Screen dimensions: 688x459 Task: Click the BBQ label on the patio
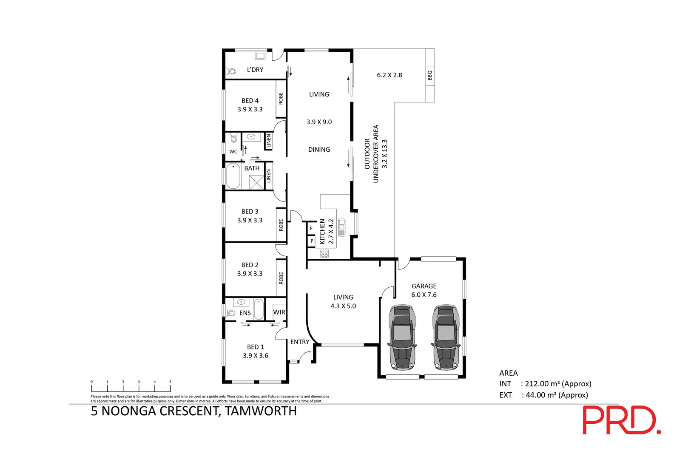pyautogui.click(x=430, y=75)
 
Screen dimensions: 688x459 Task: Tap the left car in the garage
pyautogui.click(x=402, y=337)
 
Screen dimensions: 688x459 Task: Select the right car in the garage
pyautogui.click(x=446, y=337)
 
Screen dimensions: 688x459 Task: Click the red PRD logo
pyautogui.click(x=621, y=420)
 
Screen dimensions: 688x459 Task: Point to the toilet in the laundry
pyautogui.click(x=231, y=71)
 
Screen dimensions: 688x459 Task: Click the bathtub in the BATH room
pyautogui.click(x=233, y=176)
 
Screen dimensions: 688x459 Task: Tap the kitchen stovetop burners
pyautogui.click(x=324, y=254)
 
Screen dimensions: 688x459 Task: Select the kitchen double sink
pyautogui.click(x=342, y=227)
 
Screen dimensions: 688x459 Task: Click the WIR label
pyautogui.click(x=279, y=312)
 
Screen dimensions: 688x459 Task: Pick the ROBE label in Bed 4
pyautogui.click(x=281, y=99)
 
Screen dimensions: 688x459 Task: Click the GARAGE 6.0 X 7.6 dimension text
pyautogui.click(x=424, y=290)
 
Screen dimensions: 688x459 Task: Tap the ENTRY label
pyautogui.click(x=300, y=342)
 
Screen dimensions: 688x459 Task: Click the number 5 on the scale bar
pyautogui.click(x=170, y=382)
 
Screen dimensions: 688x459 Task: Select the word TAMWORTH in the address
pyautogui.click(x=261, y=411)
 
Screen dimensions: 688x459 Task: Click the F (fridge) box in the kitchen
pyautogui.click(x=311, y=228)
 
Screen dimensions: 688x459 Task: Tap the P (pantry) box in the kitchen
pyautogui.click(x=311, y=241)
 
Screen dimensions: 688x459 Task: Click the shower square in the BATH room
pyautogui.click(x=256, y=182)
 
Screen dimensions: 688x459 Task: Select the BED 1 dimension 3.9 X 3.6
pyautogui.click(x=256, y=356)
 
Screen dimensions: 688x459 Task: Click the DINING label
pyautogui.click(x=319, y=150)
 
